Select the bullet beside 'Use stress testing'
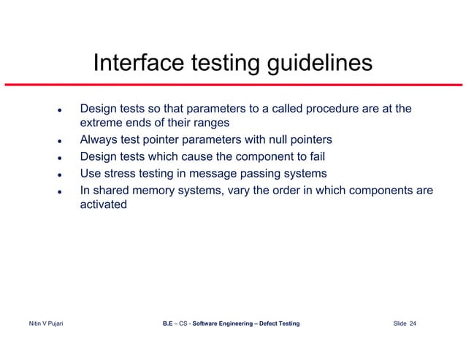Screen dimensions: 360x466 click(x=58, y=175)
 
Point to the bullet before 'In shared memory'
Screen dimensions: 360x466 click(x=58, y=191)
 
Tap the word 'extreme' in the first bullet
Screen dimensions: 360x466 click(x=102, y=123)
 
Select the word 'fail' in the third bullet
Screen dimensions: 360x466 click(x=315, y=156)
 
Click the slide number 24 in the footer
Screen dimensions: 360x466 click(x=413, y=323)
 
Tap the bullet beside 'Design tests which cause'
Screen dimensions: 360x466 click(x=58, y=158)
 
